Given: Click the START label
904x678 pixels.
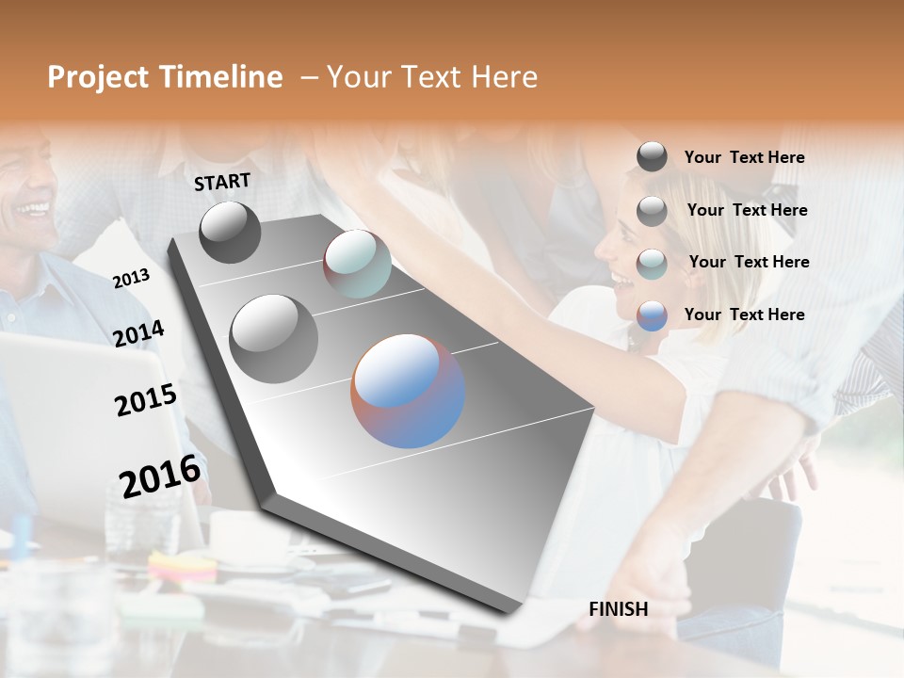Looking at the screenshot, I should click(x=222, y=182).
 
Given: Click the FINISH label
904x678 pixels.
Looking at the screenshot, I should click(x=618, y=609).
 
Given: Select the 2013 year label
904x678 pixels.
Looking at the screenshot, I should click(x=131, y=279).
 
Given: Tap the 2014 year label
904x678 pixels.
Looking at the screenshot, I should click(x=138, y=334).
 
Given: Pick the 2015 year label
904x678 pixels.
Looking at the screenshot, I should click(x=145, y=400).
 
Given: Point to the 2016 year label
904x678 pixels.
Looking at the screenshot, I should click(x=160, y=476).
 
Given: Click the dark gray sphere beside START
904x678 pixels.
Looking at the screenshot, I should click(x=230, y=232).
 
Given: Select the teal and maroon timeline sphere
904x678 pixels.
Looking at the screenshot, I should click(x=357, y=264).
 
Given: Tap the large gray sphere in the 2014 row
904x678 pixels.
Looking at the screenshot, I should click(x=273, y=339).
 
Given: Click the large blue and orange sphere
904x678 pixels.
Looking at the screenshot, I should click(x=408, y=391).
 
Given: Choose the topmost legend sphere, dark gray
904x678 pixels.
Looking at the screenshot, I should click(x=652, y=157).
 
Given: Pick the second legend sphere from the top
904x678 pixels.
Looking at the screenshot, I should click(x=652, y=211).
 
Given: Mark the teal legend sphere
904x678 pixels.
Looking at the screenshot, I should click(x=652, y=264).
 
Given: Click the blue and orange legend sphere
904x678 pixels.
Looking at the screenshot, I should click(x=652, y=315).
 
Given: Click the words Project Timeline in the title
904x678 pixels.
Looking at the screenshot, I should click(x=165, y=77).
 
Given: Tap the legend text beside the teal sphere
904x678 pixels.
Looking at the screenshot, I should click(x=749, y=262).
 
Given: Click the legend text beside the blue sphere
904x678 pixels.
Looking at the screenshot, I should click(x=744, y=315).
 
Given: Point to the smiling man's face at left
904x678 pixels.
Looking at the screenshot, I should click(x=28, y=188).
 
